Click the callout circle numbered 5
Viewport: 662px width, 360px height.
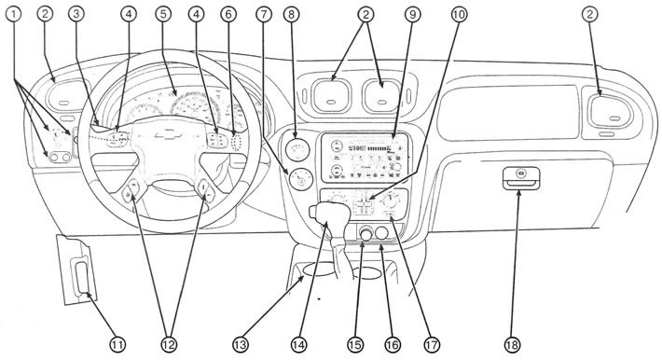pos(163,14)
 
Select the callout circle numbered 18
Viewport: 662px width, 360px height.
pos(512,345)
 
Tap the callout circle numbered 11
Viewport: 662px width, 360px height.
pos(117,345)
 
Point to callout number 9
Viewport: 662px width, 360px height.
pos(412,14)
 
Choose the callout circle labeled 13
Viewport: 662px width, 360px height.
pos(241,345)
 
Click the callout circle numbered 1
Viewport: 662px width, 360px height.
pos(14,14)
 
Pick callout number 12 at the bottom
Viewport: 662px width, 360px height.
pos(168,345)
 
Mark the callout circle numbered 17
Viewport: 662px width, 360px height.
pos(432,345)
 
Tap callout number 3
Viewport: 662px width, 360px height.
pos(76,14)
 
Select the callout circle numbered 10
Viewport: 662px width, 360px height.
pos(459,14)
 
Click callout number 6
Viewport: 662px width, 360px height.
pos(228,14)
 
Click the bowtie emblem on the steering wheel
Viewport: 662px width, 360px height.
pos(168,135)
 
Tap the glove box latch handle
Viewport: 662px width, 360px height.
pos(520,183)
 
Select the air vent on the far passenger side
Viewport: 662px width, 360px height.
pos(610,112)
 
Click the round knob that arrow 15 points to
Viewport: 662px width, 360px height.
pos(365,233)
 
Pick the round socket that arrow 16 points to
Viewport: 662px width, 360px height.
pos(381,233)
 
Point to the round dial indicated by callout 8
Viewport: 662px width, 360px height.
pos(297,149)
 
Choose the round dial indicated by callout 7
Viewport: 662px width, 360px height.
pos(301,178)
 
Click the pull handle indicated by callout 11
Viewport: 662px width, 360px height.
pos(81,277)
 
